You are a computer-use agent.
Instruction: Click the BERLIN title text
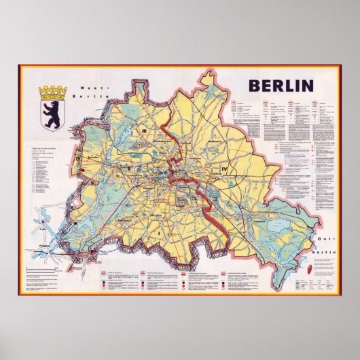tap(280, 86)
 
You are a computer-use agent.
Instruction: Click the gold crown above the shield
tap(53, 90)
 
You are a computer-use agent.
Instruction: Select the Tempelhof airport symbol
tap(182, 201)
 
